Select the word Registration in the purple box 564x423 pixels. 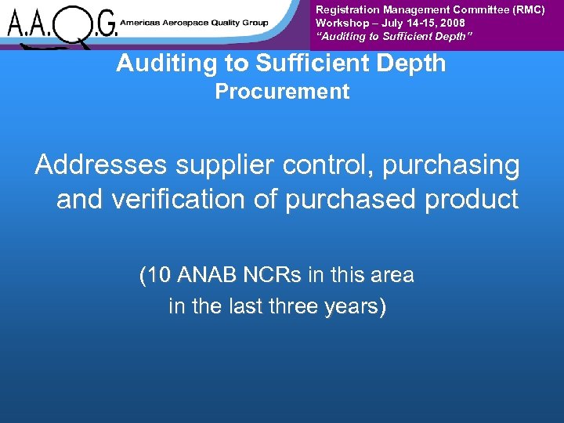(x=348, y=10)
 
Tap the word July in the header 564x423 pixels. (x=391, y=23)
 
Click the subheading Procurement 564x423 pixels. (x=282, y=92)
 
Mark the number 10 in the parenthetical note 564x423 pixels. (x=157, y=276)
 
